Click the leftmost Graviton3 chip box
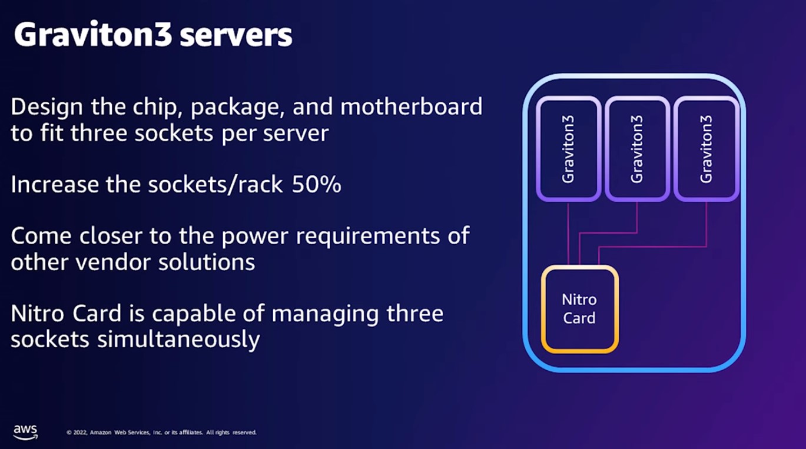568,148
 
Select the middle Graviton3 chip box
637,148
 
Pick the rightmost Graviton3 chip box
706,148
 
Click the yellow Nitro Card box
580,309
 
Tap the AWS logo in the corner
25,430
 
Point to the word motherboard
412,108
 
